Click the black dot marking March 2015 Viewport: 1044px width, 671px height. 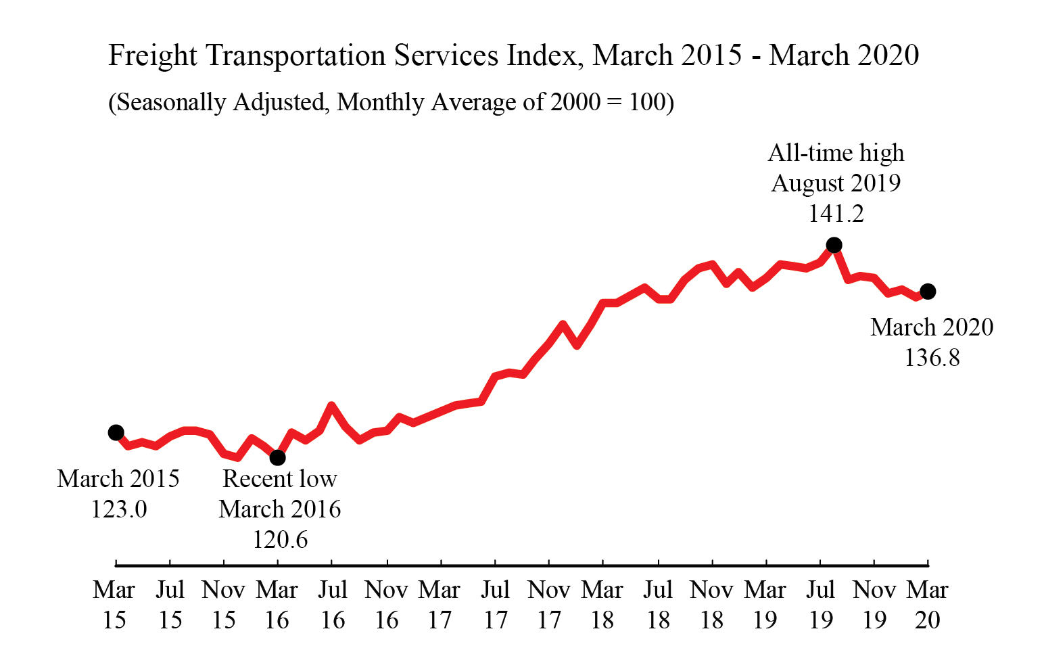click(116, 432)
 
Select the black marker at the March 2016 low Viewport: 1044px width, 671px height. click(277, 458)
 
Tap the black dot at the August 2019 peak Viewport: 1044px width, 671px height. click(834, 244)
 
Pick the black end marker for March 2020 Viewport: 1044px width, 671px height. click(928, 292)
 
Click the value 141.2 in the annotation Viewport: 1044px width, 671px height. click(836, 214)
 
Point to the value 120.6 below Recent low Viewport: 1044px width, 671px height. click(280, 539)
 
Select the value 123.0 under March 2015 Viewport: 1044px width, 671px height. click(118, 509)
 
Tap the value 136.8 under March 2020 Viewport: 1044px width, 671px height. click(932, 357)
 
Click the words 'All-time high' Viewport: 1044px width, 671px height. click(836, 153)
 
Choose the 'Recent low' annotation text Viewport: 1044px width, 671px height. click(280, 478)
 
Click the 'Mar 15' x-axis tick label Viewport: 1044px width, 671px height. click(114, 604)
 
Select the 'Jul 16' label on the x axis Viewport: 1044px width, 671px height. click(332, 604)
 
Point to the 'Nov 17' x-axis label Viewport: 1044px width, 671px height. click(549, 604)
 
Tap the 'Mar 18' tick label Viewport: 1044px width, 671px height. click(602, 604)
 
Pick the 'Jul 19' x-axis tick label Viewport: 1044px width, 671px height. click(820, 604)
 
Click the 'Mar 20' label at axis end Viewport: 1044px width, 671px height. click(927, 604)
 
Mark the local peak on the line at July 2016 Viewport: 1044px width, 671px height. click(331, 406)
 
